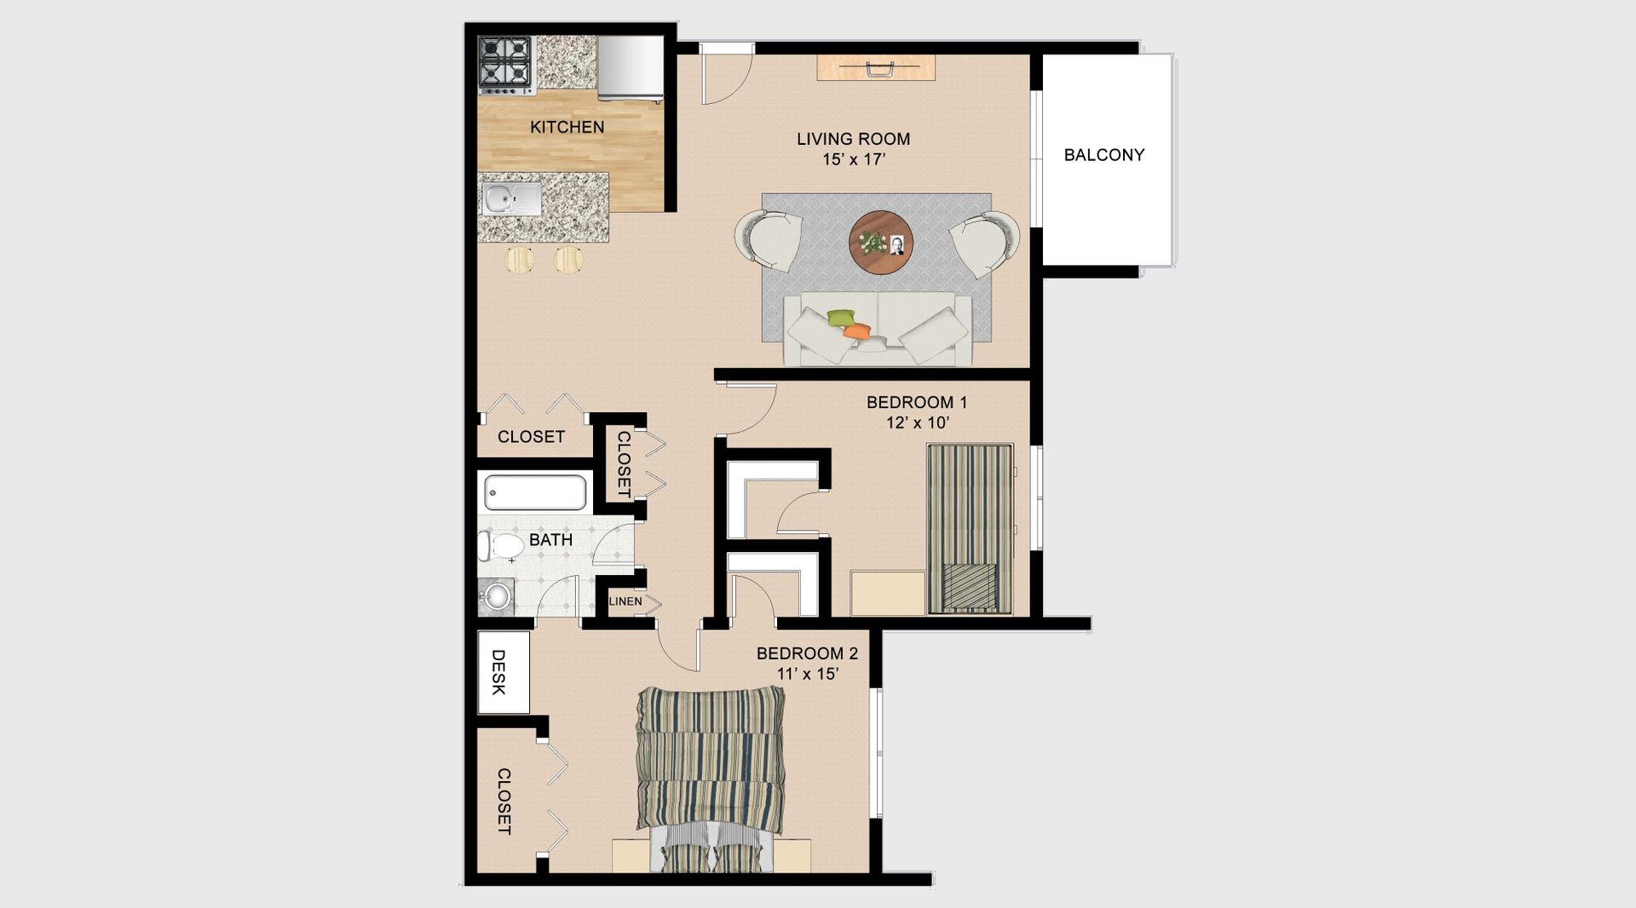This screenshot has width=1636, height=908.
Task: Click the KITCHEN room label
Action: [x=567, y=127]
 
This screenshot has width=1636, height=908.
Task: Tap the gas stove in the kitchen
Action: [x=505, y=65]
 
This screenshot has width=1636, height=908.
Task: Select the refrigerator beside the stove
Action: [x=631, y=68]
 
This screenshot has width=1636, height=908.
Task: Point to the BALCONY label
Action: [x=1103, y=155]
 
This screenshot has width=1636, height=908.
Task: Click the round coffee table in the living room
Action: [x=881, y=242]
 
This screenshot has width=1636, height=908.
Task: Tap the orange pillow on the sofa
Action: [x=857, y=330]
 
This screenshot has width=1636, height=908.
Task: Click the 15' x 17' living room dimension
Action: [x=854, y=159]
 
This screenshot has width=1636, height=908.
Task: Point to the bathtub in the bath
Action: [x=536, y=492]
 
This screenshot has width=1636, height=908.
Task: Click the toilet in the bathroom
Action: [x=500, y=546]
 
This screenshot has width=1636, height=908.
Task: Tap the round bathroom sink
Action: [x=495, y=595]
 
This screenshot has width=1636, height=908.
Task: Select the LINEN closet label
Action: [x=625, y=601]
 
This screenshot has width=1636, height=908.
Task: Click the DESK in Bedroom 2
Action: [x=504, y=672]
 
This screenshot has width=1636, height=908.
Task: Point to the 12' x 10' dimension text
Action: [x=917, y=422]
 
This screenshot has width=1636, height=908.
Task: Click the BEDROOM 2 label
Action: [x=807, y=653]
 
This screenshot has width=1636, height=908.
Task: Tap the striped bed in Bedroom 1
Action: [x=970, y=528]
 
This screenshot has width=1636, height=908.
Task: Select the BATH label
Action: [x=550, y=540]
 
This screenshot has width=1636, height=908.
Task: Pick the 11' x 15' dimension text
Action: [x=808, y=674]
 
